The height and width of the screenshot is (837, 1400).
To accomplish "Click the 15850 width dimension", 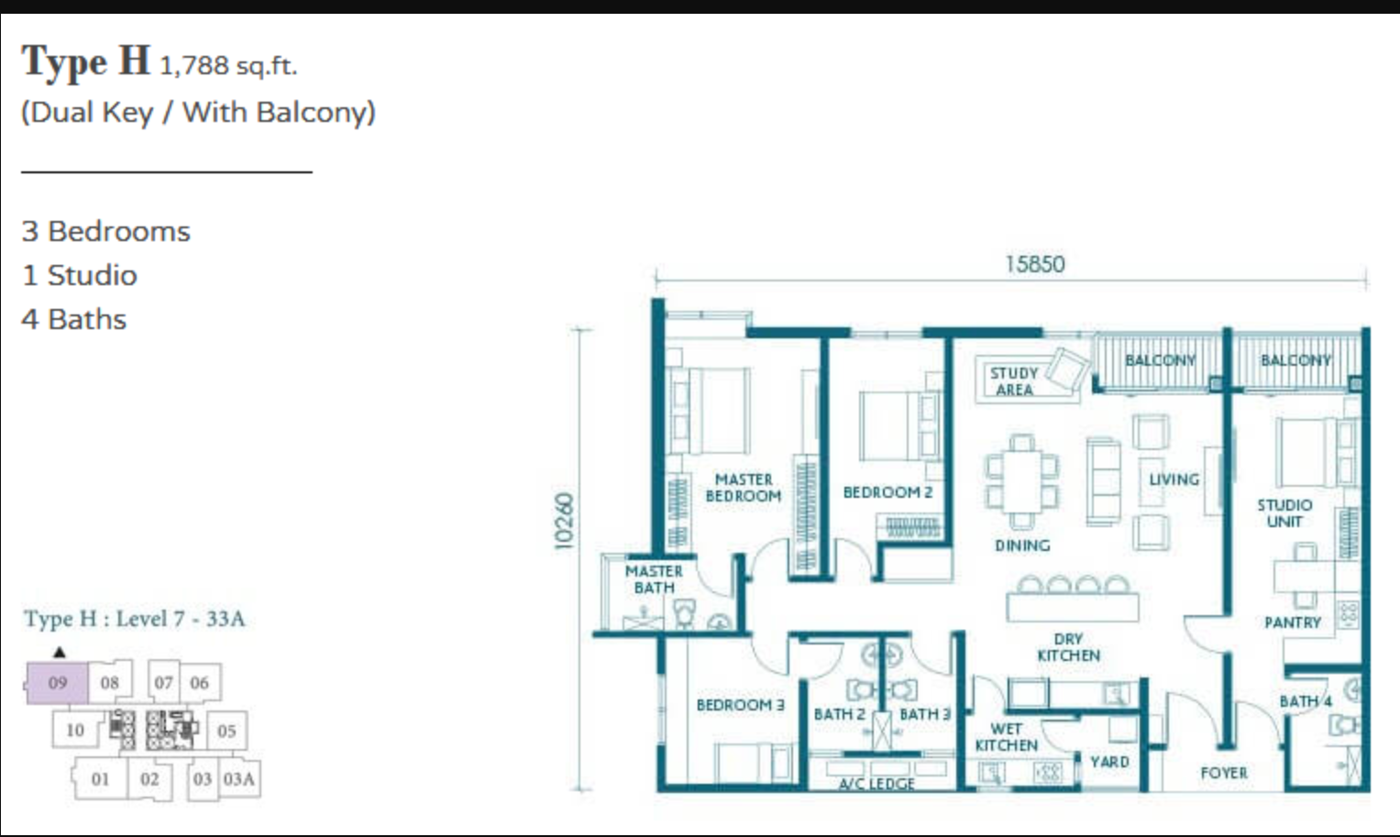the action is click(x=1035, y=264).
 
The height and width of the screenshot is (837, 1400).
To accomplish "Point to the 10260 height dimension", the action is click(x=564, y=522).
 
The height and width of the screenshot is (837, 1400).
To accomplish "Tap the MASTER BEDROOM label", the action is click(x=744, y=488).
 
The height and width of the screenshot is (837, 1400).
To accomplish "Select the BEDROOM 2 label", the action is click(x=887, y=492).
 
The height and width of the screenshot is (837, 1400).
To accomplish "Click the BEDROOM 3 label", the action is click(x=741, y=705).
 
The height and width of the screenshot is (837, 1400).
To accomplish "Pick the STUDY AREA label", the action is click(x=1014, y=381).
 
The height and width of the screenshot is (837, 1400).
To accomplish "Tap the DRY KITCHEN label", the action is click(x=1069, y=647).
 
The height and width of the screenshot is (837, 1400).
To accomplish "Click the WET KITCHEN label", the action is click(x=1007, y=737).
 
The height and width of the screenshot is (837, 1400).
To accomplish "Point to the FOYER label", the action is click(x=1224, y=773).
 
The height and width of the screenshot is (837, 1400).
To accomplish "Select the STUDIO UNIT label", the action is click(x=1284, y=513).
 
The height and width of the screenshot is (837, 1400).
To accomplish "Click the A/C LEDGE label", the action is click(x=876, y=784).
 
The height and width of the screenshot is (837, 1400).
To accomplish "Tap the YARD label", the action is click(x=1110, y=762).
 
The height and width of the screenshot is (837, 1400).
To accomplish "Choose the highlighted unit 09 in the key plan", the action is click(x=58, y=683).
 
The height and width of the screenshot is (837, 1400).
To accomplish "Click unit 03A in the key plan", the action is click(x=239, y=779).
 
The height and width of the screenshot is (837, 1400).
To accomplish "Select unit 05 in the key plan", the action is click(x=226, y=731).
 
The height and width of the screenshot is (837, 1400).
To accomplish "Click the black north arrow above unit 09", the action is click(x=60, y=652).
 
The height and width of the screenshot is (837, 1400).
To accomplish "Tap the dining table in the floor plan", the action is click(x=1022, y=482).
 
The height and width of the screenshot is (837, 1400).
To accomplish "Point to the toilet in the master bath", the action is click(x=685, y=612).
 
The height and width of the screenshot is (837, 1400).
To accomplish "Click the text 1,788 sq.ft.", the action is click(x=229, y=66).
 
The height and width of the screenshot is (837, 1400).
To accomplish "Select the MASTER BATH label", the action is click(x=654, y=579).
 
